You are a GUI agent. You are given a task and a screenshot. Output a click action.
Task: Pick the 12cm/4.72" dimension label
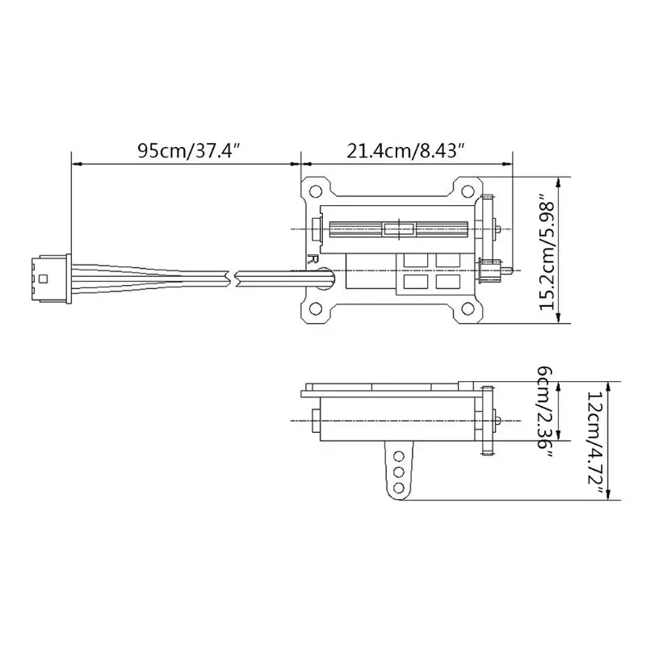tap(595, 440)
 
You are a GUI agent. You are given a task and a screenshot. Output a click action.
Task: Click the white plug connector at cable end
tap(48, 277)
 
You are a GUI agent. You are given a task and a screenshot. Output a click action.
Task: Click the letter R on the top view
tap(311, 260)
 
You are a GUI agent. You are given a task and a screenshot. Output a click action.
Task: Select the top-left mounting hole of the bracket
tap(316, 191)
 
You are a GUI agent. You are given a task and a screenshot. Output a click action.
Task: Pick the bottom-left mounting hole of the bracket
tap(316, 308)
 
